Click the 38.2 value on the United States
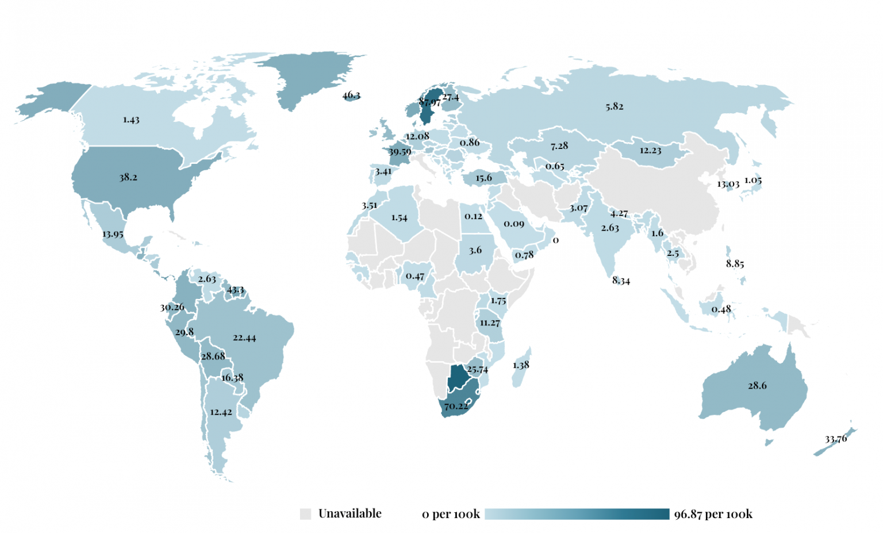point(128,177)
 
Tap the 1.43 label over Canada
point(131,120)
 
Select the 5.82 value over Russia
point(614,106)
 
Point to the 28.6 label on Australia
point(757,385)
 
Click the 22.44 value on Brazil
point(244,338)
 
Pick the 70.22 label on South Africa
point(456,406)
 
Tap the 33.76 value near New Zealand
point(836,439)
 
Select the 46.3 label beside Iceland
point(351,95)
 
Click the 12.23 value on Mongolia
point(650,151)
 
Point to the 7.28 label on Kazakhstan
point(559,146)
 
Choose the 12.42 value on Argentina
point(221,412)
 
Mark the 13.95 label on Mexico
point(113,234)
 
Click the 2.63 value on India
point(610,228)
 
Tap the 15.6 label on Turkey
point(483,178)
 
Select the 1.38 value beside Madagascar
point(521,365)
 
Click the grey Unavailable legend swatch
point(305,514)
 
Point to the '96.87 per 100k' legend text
point(713,515)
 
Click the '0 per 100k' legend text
point(451,515)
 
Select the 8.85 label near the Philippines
point(735,264)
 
